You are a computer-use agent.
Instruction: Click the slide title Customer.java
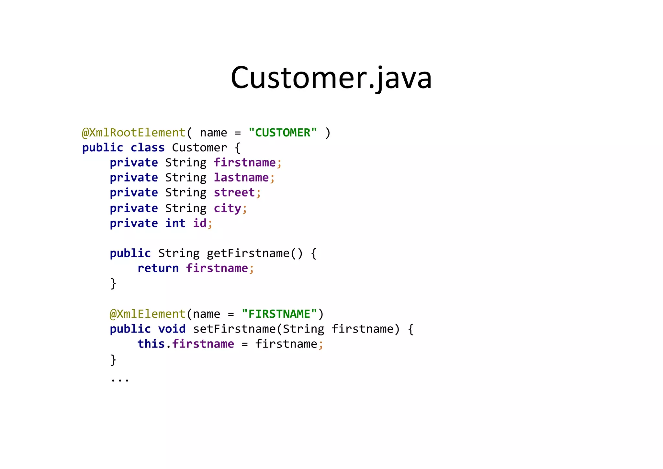(x=331, y=78)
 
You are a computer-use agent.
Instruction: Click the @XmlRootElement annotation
(x=134, y=133)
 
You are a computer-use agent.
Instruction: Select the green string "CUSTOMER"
(x=283, y=133)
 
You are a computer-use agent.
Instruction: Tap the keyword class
(x=148, y=148)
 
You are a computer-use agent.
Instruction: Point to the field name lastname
(x=241, y=178)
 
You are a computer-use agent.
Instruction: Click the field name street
(x=234, y=193)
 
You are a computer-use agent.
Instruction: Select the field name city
(x=227, y=208)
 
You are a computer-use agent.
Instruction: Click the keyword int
(x=175, y=223)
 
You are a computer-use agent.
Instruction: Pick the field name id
(x=200, y=223)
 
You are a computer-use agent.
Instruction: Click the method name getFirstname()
(x=254, y=253)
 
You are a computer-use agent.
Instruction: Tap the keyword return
(x=158, y=268)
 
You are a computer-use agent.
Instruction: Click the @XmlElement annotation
(x=147, y=314)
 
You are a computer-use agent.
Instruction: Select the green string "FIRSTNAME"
(x=279, y=314)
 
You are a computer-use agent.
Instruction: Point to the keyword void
(x=172, y=329)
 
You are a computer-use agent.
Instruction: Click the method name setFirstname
(x=234, y=329)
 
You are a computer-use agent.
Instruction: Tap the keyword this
(x=151, y=344)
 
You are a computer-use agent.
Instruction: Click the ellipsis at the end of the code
(x=120, y=379)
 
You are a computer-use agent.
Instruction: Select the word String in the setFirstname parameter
(x=303, y=329)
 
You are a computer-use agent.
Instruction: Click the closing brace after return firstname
(x=113, y=284)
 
